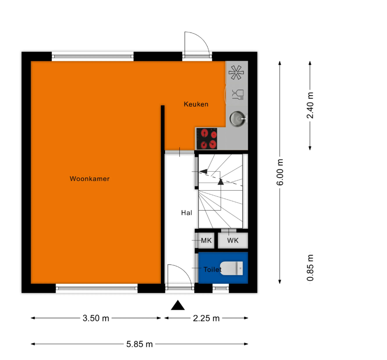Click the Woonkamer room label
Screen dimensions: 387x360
click(89, 179)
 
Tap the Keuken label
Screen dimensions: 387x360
click(196, 104)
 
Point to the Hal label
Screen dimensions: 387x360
click(186, 213)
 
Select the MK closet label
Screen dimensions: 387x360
click(206, 240)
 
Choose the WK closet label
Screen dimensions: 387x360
click(233, 240)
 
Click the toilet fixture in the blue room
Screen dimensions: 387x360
click(232, 268)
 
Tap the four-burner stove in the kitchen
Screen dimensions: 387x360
click(207, 139)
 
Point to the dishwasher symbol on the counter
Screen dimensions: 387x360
click(238, 94)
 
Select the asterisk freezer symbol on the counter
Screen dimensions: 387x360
click(236, 72)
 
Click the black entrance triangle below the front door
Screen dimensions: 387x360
click(178, 305)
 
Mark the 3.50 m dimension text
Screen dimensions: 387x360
click(96, 318)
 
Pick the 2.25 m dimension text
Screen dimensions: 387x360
click(206, 318)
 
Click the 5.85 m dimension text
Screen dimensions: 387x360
click(140, 344)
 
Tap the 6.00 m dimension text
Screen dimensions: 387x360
click(280, 172)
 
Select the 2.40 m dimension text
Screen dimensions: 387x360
click(310, 105)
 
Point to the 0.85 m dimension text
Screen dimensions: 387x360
click(310, 268)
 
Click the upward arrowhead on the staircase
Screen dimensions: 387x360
click(221, 181)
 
